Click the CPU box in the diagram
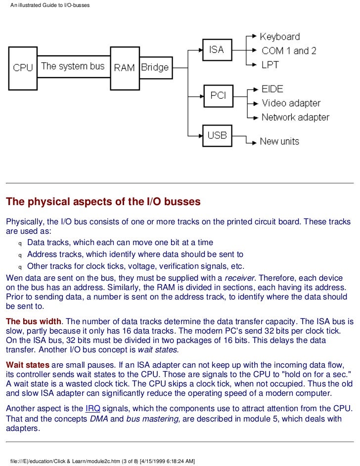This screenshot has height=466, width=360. tap(23, 68)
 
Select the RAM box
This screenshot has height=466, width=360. tap(124, 68)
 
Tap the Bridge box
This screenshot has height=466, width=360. tap(155, 68)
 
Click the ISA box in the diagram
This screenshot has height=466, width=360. tap(217, 50)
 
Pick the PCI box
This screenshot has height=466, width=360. tap(218, 95)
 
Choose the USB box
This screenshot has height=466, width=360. tap(217, 135)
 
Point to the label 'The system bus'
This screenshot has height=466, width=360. tap(73, 66)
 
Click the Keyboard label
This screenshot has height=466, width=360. tap(280, 37)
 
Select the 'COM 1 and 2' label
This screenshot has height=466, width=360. tap(289, 51)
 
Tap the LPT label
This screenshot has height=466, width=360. tap(270, 65)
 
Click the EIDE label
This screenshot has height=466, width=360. tap(273, 89)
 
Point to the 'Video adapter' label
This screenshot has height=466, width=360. tap(291, 103)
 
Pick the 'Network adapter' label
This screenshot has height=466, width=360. tap(295, 117)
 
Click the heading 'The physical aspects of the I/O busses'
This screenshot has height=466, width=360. tap(103, 202)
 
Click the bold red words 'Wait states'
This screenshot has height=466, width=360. tap(28, 365)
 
